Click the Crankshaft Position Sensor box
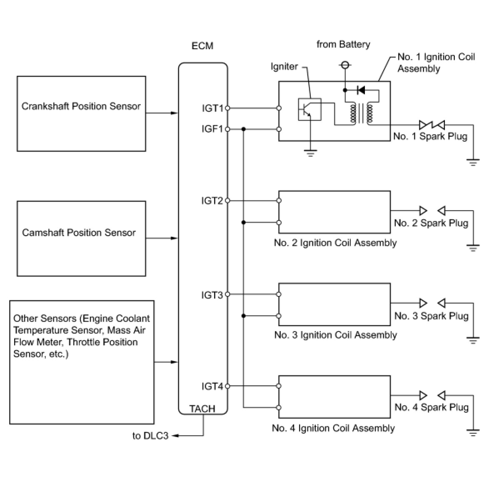click(x=81, y=113)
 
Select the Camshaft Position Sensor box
click(x=81, y=238)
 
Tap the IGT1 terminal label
click(x=212, y=108)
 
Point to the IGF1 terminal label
click(x=212, y=129)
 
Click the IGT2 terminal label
click(x=212, y=201)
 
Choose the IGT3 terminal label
click(x=212, y=295)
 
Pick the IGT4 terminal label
click(x=212, y=387)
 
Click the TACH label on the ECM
click(x=202, y=409)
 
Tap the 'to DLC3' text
click(x=150, y=436)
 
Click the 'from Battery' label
click(x=343, y=44)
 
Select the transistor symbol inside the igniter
click(x=309, y=109)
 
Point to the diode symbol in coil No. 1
click(x=361, y=90)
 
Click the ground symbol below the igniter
click(x=310, y=153)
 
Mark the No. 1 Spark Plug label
click(x=430, y=136)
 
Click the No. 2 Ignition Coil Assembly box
click(x=334, y=212)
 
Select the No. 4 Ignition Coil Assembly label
click(x=333, y=428)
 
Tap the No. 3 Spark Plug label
click(x=431, y=316)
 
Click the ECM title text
click(x=202, y=46)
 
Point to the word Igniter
click(x=284, y=66)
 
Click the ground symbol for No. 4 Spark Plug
click(x=473, y=432)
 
